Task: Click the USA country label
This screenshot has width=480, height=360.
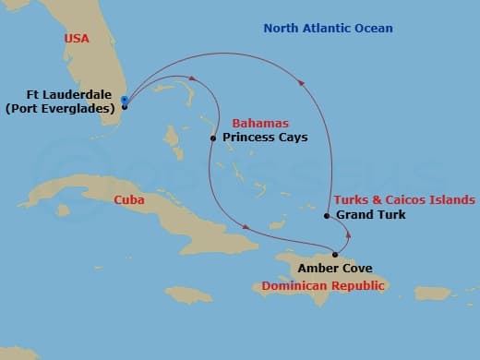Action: click(78, 39)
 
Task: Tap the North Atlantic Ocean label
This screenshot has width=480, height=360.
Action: click(328, 29)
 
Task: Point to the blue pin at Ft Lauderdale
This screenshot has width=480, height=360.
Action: click(123, 100)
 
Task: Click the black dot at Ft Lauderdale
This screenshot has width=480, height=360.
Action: click(125, 106)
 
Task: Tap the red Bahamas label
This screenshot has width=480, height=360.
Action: click(259, 123)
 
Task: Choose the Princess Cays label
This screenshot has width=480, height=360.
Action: click(265, 138)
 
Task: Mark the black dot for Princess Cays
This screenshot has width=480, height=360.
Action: click(213, 138)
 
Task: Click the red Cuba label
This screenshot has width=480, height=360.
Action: click(128, 199)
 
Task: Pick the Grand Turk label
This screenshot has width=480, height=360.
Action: click(370, 215)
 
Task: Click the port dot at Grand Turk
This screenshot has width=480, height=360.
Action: click(327, 216)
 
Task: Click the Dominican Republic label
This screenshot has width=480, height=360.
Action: click(323, 286)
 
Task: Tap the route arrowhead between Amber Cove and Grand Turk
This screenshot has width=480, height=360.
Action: click(347, 234)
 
